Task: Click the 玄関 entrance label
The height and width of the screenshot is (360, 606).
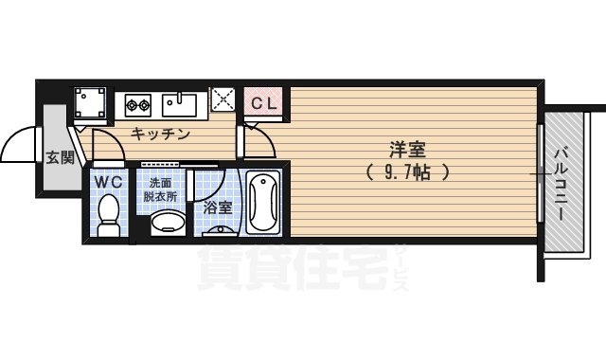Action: (60, 158)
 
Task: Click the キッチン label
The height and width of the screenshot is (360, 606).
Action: (160, 135)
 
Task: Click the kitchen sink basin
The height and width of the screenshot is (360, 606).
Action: (177, 101)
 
